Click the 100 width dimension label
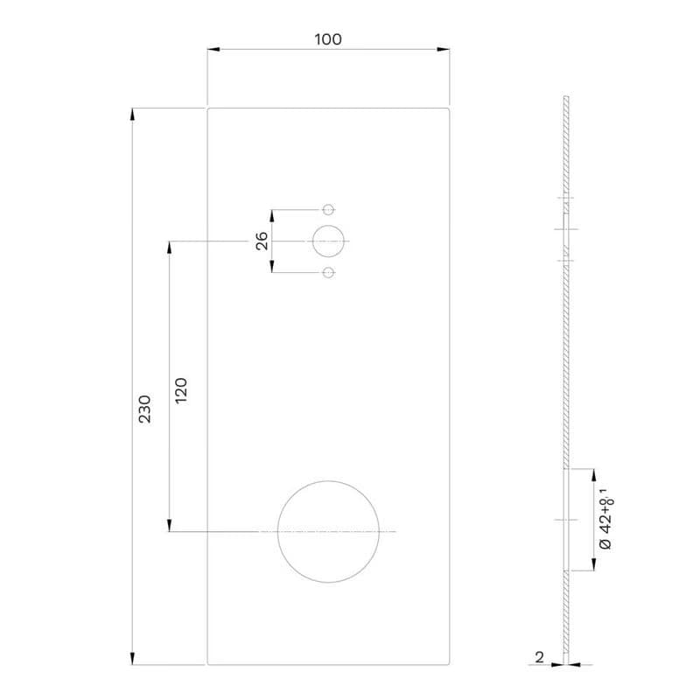point(328,39)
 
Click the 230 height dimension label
point(144,409)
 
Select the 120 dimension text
point(181,390)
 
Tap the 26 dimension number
point(262,241)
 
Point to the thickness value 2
point(539,657)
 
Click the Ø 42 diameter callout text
point(606,519)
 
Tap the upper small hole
point(328,209)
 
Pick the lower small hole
point(328,272)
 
